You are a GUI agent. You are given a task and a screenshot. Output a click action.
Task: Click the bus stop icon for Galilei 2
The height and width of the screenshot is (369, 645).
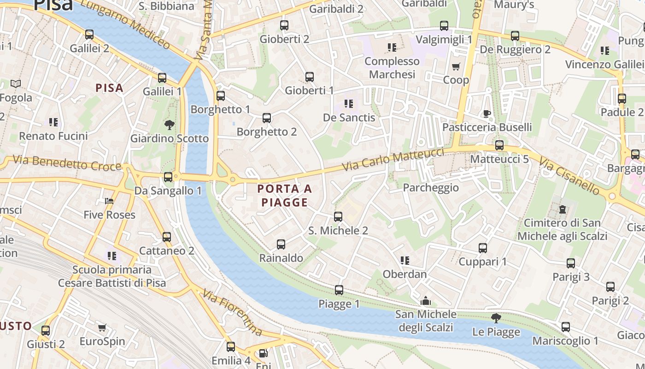[x=89, y=35]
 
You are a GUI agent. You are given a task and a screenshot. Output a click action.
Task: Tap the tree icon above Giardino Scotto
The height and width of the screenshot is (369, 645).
[x=170, y=124]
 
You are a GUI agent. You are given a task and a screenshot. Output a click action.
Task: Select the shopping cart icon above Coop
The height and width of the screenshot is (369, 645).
[x=456, y=66]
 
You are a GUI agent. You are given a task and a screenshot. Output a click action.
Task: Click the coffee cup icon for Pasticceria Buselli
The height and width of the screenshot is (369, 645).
[x=487, y=113]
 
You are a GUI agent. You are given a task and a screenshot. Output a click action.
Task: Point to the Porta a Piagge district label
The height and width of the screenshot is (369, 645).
[x=284, y=196]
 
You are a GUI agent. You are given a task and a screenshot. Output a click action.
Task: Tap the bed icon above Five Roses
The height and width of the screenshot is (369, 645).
[x=109, y=201]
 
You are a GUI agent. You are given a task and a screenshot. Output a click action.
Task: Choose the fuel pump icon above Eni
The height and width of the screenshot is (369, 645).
[x=263, y=353]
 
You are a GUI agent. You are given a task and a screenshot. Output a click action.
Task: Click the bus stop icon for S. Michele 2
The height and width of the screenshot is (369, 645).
[x=338, y=216]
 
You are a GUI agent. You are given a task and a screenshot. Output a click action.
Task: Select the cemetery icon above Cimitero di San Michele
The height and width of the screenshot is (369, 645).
[x=562, y=209]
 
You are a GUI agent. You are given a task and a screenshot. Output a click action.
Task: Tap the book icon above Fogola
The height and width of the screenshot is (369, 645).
[x=16, y=84]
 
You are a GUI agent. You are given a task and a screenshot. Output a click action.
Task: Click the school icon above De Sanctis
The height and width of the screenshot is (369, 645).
[x=349, y=104]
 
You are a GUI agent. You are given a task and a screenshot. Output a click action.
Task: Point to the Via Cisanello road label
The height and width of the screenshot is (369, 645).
[x=569, y=177]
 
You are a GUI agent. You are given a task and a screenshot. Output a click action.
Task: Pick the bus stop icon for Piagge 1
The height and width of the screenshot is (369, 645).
[x=339, y=290]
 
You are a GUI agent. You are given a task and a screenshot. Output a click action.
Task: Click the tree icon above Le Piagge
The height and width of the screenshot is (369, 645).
[x=496, y=318]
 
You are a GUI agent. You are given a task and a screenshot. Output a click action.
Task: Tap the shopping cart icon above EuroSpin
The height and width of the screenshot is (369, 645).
[x=102, y=327]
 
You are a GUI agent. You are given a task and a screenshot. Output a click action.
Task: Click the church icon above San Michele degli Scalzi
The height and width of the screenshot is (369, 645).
[x=426, y=301]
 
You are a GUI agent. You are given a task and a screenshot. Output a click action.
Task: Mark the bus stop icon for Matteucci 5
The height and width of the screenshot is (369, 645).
[x=499, y=145]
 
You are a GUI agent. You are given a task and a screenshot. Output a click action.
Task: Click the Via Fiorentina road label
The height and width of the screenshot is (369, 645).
[x=233, y=313]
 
